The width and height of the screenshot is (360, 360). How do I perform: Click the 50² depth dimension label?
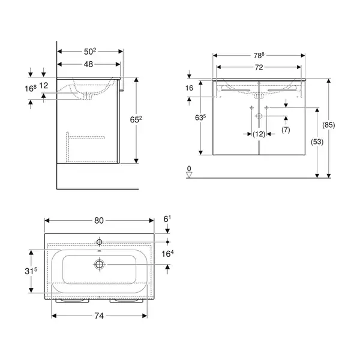coord(90,52)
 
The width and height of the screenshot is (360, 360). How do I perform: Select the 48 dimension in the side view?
coord(88,64)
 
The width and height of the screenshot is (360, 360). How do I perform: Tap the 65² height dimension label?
coord(136,119)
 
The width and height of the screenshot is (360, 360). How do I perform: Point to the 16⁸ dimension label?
coord(31,88)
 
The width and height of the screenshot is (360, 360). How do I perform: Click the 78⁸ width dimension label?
coord(259,55)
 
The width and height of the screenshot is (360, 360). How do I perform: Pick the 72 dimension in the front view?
coord(259,67)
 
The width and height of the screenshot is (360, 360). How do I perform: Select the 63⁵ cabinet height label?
coord(200,118)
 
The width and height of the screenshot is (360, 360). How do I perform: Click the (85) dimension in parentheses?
coord(329,125)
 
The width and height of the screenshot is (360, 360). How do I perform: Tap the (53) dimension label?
coord(317,142)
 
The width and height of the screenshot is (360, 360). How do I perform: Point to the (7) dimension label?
coord(286,130)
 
